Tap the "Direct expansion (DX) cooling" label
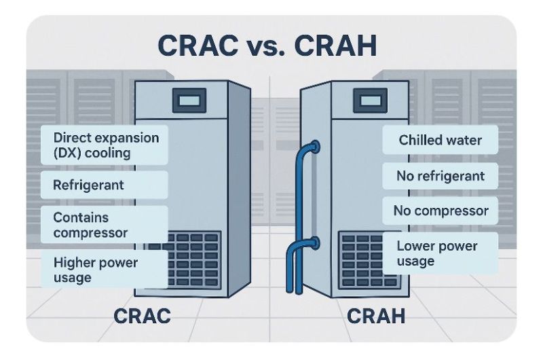(x=106, y=145)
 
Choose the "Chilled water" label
(x=440, y=141)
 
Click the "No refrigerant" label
(x=440, y=177)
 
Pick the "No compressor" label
(x=440, y=211)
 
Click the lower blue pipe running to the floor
(x=299, y=265)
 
